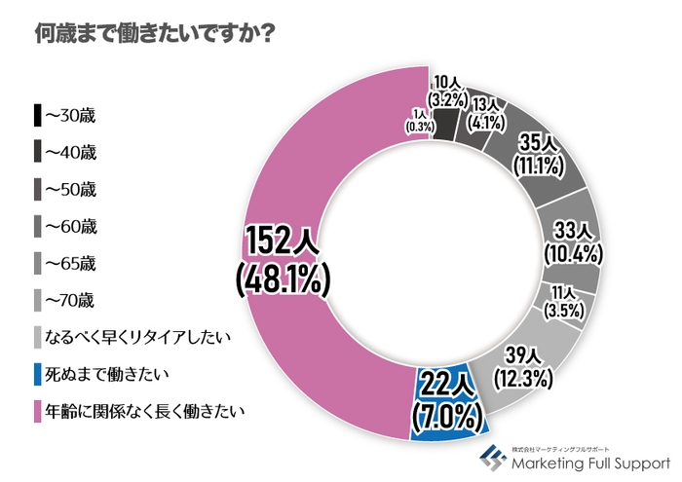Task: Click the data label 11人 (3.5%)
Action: coord(564,302)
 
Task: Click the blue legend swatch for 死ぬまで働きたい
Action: coord(38,374)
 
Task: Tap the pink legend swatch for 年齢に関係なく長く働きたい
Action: coord(38,411)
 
